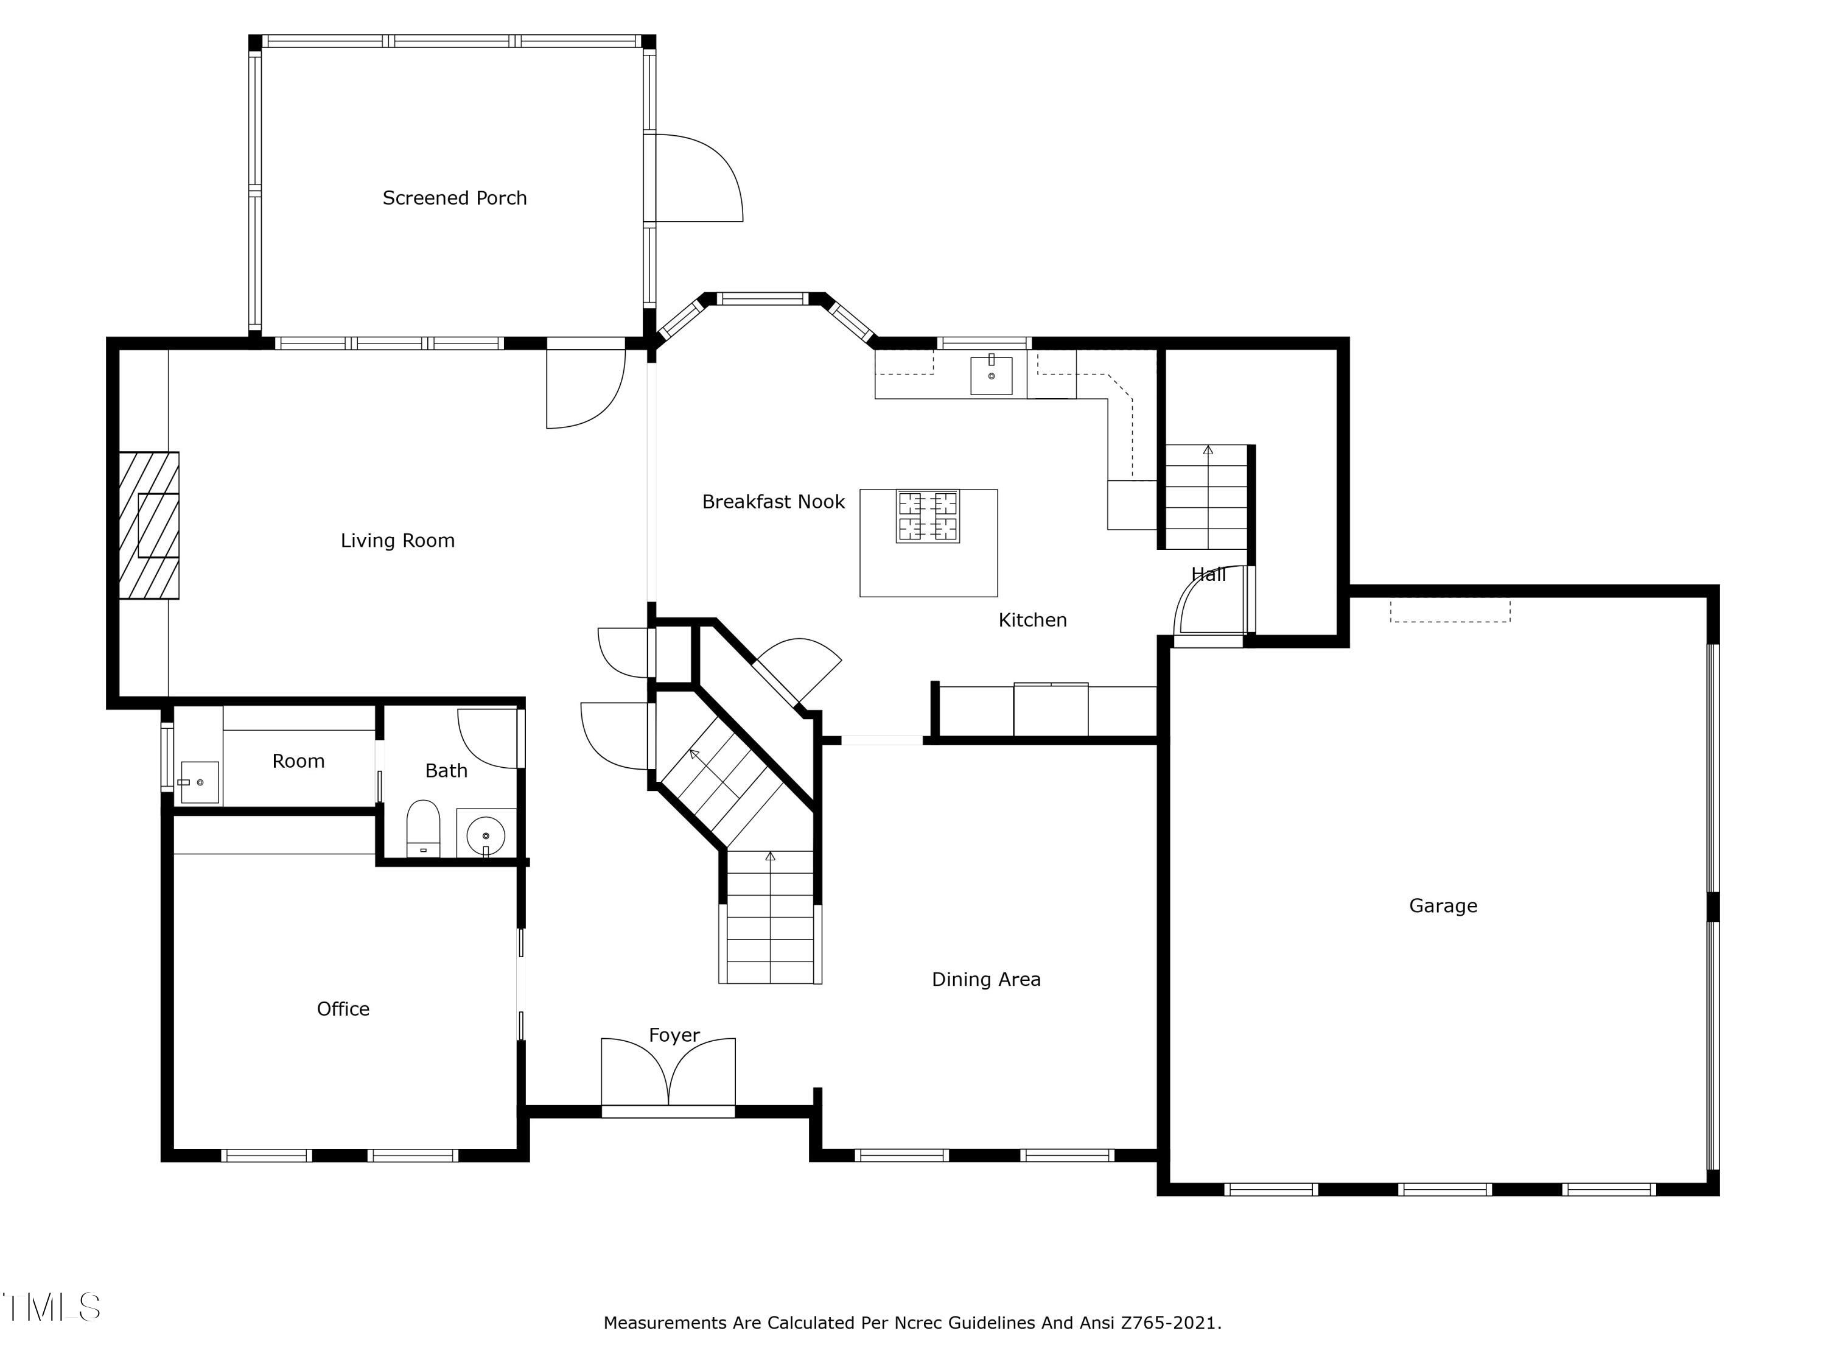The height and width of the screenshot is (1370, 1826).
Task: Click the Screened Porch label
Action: click(454, 198)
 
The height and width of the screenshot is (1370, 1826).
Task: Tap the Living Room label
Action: click(398, 541)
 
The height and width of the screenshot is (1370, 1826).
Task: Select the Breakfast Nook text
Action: click(774, 502)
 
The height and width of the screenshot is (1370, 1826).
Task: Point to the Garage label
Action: click(1443, 906)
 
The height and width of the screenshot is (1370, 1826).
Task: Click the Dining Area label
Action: click(987, 979)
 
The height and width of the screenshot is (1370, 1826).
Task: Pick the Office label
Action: click(343, 1008)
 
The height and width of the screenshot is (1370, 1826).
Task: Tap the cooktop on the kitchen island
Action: click(928, 516)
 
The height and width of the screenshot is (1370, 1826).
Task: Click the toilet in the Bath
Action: click(424, 828)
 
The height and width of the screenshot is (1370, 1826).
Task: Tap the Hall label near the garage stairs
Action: click(1209, 575)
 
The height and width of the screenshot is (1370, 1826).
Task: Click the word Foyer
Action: click(674, 1036)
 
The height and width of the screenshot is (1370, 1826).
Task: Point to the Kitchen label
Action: click(1033, 620)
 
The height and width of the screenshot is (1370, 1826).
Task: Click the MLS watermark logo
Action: click(52, 1307)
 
